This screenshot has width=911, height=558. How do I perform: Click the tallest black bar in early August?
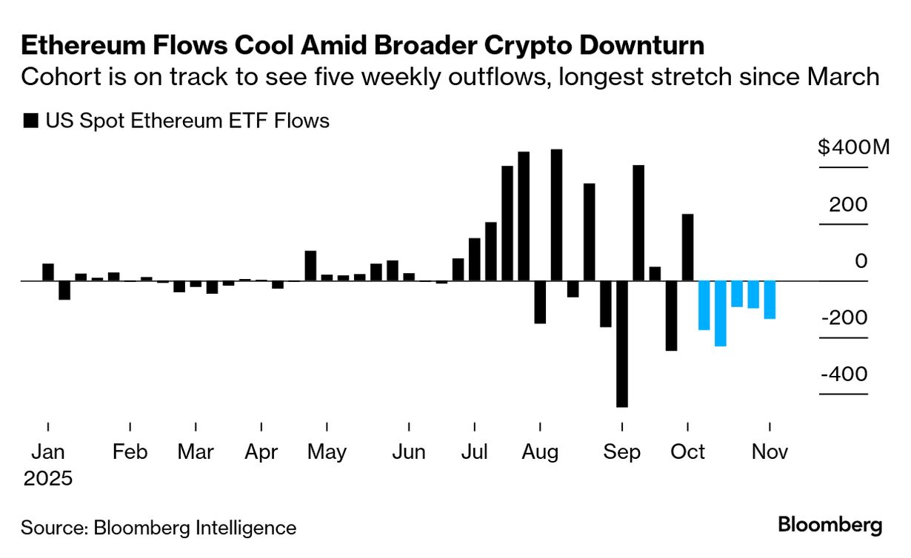[x=556, y=215]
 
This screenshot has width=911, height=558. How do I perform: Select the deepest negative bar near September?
[x=622, y=344]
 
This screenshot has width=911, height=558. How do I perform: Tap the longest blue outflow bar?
[x=721, y=314]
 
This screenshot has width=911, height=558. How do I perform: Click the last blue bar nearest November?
[x=770, y=300]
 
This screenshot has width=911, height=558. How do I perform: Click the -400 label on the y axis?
[x=843, y=374]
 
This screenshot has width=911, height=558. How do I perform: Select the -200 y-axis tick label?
[x=843, y=317]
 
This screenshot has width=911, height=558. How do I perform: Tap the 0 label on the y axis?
[x=861, y=261]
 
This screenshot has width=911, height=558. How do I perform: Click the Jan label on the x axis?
[x=48, y=451]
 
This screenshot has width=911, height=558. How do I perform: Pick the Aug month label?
[x=540, y=451]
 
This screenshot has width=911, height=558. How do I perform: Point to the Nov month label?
[x=770, y=451]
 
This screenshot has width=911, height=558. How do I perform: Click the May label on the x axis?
[x=327, y=451]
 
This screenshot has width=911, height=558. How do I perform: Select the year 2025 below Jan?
[x=48, y=478]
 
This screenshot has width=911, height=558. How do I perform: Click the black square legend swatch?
[x=30, y=121]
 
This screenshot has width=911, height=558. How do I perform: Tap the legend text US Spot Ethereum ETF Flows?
[x=187, y=121]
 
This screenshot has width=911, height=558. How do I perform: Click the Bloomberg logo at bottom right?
[x=830, y=525]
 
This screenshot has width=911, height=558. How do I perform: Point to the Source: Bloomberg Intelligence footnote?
[x=158, y=528]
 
